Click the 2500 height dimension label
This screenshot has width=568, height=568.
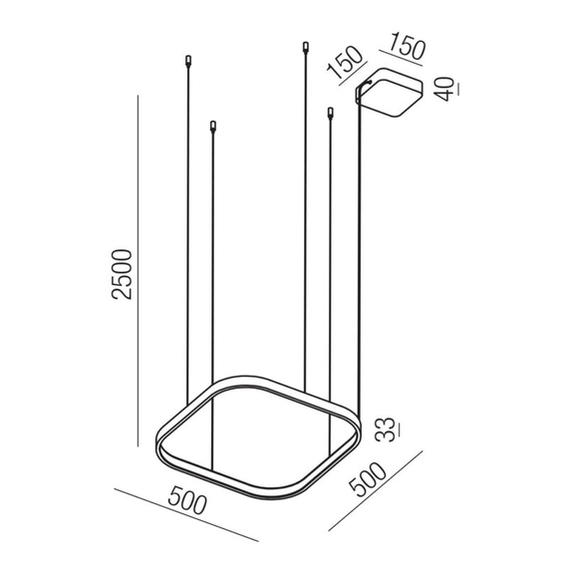(x=122, y=274)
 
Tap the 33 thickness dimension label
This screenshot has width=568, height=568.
(x=385, y=429)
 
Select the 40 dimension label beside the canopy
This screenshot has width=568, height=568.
(x=444, y=89)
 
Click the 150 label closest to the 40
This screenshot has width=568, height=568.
(x=408, y=46)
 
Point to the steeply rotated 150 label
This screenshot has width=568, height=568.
(x=345, y=63)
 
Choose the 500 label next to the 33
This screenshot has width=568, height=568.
(x=368, y=479)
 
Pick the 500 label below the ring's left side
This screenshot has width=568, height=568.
(x=187, y=500)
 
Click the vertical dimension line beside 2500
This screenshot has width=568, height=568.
(x=139, y=271)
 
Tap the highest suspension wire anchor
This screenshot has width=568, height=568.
(x=306, y=47)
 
